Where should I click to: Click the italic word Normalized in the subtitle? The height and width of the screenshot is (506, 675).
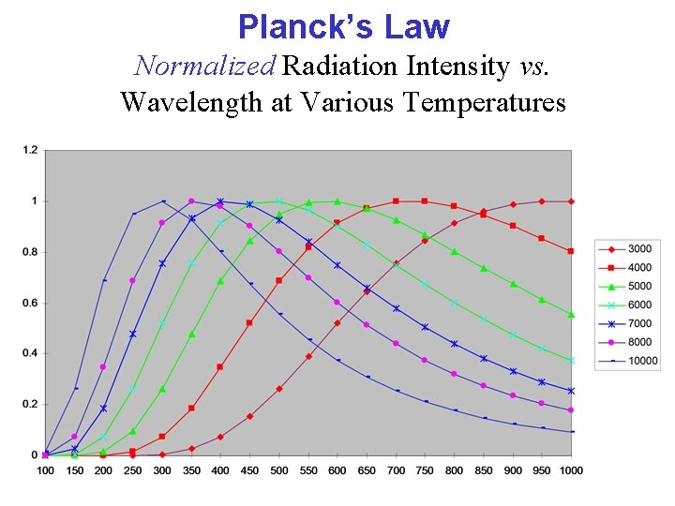pos(203,66)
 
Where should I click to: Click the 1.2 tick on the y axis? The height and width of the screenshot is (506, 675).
pos(30,150)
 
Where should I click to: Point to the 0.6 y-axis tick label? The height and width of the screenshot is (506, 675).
pos(30,303)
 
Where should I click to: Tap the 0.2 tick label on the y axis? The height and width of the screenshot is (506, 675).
pos(30,405)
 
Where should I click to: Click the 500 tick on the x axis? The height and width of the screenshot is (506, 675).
pos(278,469)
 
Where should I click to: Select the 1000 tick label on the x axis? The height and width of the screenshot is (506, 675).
pos(571,469)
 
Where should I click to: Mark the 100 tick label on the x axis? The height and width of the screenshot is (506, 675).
pos(45,469)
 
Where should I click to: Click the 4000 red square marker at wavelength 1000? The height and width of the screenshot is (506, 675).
pos(571,251)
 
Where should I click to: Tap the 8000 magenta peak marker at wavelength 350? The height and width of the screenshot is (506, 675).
pos(191,201)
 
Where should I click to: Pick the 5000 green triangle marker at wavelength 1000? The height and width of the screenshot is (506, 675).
pos(571,315)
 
